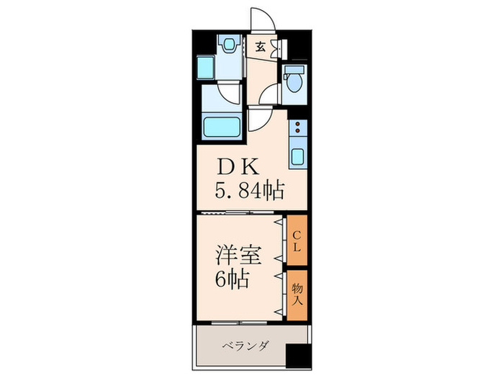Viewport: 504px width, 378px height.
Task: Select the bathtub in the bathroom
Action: tap(222, 129)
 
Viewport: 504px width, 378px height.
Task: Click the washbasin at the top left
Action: tap(230, 45)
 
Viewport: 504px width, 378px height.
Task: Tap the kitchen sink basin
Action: tap(297, 155)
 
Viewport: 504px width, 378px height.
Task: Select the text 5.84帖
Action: tap(249, 191)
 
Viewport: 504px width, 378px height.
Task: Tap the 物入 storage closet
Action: tap(297, 294)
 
